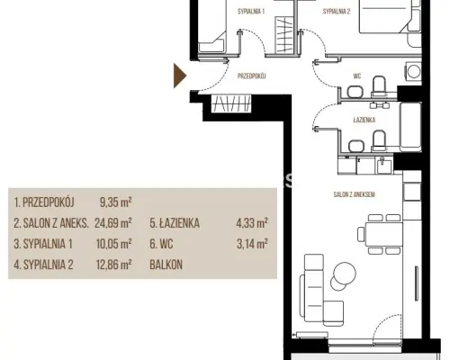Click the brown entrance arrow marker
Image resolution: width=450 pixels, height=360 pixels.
[179, 76]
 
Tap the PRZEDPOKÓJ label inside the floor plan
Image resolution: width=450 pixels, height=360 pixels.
[252, 76]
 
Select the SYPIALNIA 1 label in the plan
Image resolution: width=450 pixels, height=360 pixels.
[251, 12]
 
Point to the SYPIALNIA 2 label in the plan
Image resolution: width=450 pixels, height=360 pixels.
[337, 12]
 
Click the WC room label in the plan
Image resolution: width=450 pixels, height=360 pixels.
[357, 76]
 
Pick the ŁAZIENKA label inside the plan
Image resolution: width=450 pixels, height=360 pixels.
[364, 120]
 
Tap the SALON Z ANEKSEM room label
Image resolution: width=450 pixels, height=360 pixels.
[355, 194]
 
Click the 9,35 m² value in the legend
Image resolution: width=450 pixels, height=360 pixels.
[116, 202]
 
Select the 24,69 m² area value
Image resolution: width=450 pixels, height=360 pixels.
[113, 223]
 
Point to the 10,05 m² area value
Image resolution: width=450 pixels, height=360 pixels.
[114, 244]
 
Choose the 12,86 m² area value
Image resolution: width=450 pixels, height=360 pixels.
[114, 265]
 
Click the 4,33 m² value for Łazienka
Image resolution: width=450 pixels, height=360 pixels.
[252, 223]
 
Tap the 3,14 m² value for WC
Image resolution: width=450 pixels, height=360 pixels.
[252, 244]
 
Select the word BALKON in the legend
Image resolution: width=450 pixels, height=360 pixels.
[166, 265]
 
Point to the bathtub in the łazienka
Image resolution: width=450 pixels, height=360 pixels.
[410, 127]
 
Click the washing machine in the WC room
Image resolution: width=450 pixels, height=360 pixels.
[413, 72]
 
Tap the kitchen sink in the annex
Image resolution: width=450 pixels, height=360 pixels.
[384, 166]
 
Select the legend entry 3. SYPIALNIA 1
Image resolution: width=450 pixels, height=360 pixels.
[43, 244]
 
